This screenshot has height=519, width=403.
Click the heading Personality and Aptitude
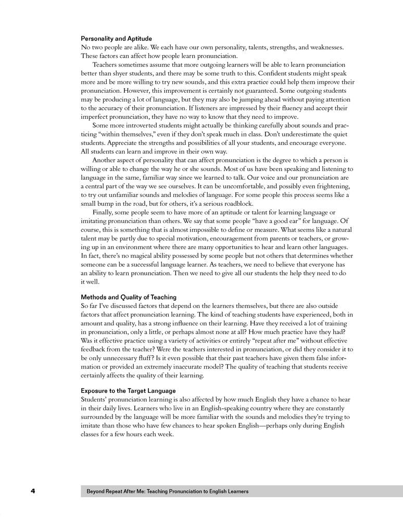(x=116, y=39)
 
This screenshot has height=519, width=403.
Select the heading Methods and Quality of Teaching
(x=129, y=297)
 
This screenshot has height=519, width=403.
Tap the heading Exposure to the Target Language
(x=128, y=390)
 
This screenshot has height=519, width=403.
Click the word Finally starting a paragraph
(x=104, y=212)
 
